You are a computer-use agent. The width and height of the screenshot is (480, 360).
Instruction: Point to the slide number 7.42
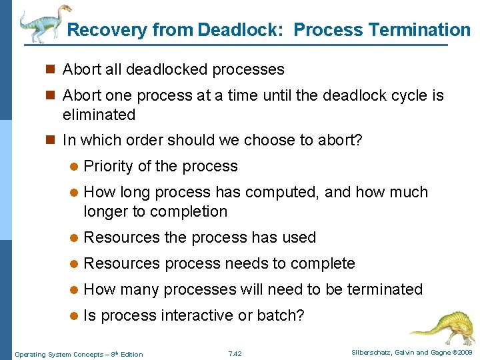[235, 353]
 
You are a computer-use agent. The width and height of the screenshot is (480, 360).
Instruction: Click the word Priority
[110, 167]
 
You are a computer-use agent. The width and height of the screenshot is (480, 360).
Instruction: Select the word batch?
[282, 315]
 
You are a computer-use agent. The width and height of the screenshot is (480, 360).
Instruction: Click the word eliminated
[99, 115]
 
